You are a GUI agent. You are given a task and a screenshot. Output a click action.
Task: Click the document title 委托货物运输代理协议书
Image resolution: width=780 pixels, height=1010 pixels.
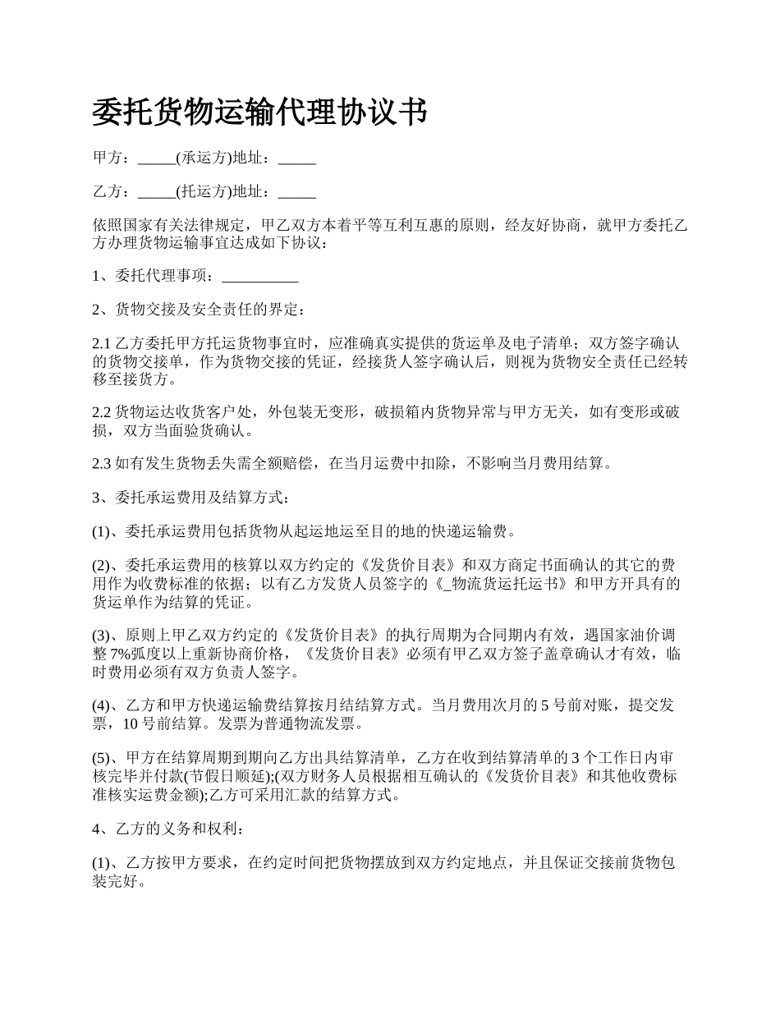tap(259, 112)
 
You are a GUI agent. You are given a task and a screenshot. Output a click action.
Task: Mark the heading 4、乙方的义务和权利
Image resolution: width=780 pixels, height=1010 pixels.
tap(167, 829)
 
